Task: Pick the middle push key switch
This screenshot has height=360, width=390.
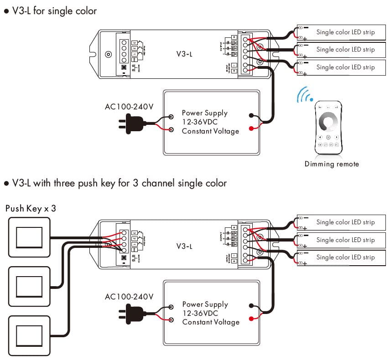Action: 29,286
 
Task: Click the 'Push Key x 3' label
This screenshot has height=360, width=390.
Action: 31,209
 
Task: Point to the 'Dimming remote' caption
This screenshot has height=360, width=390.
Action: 332,164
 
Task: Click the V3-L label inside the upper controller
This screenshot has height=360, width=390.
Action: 184,53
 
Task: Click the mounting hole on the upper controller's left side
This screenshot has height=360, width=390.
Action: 108,54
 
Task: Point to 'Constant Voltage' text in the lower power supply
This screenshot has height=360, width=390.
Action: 211,322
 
